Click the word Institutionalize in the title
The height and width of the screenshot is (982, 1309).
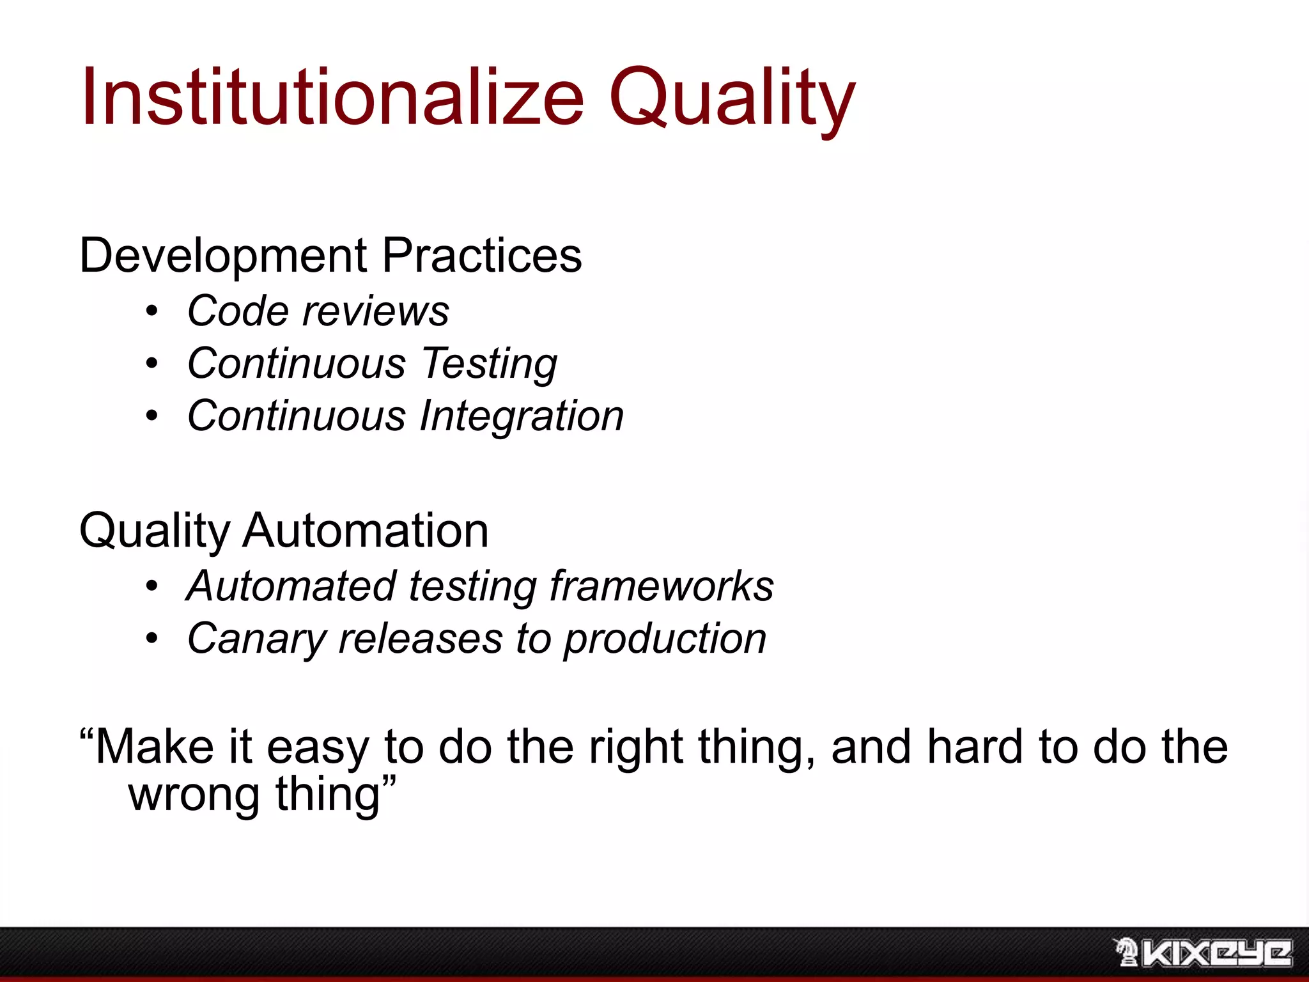click(332, 97)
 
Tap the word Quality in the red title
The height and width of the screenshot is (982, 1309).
click(731, 97)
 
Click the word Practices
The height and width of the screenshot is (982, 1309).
click(482, 256)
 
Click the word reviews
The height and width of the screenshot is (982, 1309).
click(376, 311)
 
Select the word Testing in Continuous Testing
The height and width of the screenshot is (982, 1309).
click(490, 364)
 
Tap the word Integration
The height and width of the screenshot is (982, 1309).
click(522, 416)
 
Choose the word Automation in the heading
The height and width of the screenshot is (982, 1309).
click(366, 531)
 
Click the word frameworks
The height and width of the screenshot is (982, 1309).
click(662, 586)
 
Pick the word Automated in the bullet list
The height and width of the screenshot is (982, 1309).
click(291, 586)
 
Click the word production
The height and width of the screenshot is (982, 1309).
click(665, 639)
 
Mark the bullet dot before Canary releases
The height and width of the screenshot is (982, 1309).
click(151, 639)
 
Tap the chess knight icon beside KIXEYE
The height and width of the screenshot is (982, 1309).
click(1126, 953)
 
